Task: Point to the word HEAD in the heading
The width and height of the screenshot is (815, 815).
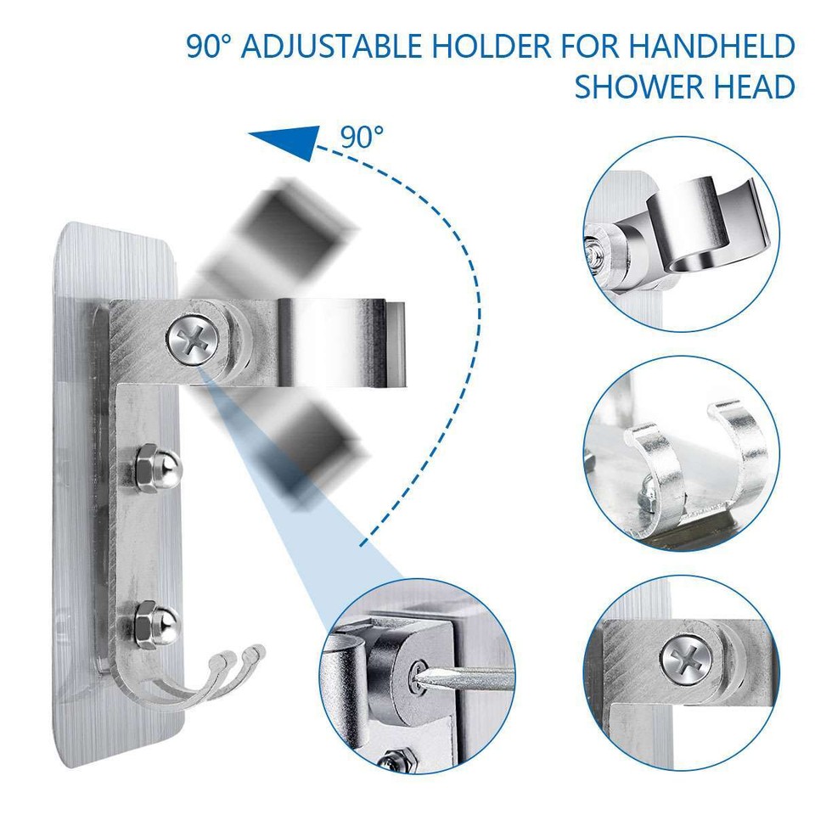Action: pyautogui.click(x=758, y=86)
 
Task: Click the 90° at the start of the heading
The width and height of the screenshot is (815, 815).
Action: pyautogui.click(x=209, y=47)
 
